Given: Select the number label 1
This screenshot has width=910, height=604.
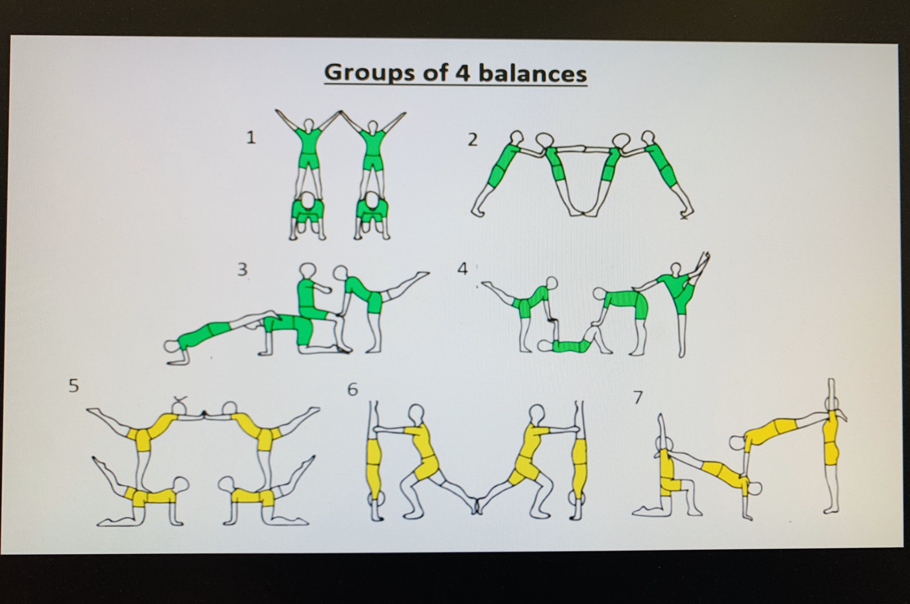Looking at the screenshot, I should point(251,138).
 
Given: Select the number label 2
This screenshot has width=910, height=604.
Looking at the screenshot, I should point(473,140).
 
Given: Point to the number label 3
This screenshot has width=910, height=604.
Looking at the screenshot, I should point(242,269).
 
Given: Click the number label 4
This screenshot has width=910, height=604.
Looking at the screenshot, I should point(463,269).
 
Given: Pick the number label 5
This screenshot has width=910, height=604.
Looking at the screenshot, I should point(74,385).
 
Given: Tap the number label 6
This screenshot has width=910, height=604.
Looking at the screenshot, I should point(352,389).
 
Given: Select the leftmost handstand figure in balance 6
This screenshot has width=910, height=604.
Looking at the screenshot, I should point(375,462).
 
